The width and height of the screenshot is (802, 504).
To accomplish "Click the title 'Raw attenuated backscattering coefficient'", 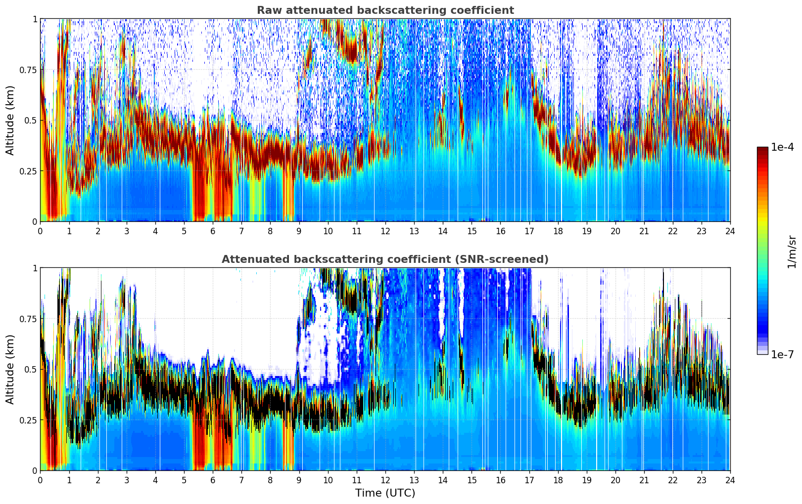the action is coord(385,10).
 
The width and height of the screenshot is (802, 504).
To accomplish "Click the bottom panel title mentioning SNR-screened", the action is coord(385,259).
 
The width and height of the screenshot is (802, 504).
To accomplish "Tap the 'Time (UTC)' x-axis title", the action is coord(385,493).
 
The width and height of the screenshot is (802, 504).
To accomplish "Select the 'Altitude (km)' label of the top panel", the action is coord(10,121).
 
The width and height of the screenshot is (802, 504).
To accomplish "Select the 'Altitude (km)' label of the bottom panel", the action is coord(10,370).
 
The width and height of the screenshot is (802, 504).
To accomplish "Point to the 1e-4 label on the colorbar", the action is coord(782,147).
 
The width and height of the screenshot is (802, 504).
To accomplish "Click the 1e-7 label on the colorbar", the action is coord(782,355).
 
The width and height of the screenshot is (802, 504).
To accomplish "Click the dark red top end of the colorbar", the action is coord(762,148).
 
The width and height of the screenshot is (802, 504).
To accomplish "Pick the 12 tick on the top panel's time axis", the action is coord(385,231).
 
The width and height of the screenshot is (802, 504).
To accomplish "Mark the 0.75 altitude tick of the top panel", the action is coord(28,70).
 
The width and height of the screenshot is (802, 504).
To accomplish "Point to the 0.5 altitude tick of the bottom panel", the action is coord(31,370).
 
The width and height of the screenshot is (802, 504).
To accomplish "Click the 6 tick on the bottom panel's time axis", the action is coord(213,480).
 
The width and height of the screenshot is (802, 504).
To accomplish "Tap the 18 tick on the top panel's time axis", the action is coord(558,231).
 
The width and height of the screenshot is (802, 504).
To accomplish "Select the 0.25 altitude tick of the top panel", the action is coord(28,171).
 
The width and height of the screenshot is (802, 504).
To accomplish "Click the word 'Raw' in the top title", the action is coord(269,10).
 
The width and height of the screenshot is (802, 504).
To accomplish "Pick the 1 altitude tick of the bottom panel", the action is coord(35,268).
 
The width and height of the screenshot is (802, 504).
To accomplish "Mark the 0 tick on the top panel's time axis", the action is coord(40,231).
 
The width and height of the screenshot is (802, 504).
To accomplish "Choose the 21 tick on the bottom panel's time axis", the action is coord(644,480).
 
